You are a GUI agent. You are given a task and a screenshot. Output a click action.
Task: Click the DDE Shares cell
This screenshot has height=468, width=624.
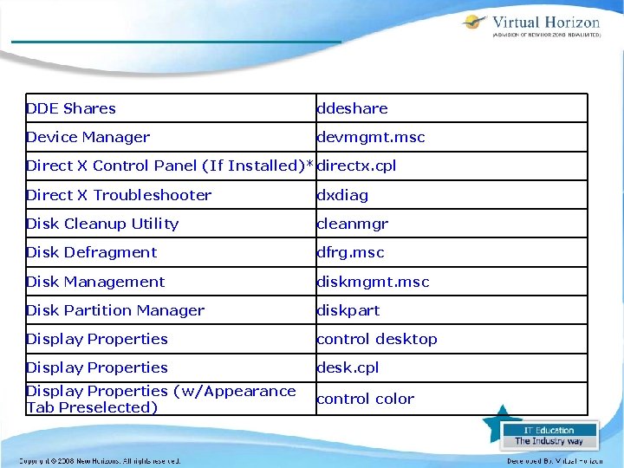point(71,108)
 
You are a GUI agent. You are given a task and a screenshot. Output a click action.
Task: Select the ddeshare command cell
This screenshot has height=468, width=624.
point(352,108)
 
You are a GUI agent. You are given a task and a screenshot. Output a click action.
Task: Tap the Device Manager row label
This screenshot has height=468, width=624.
point(88,137)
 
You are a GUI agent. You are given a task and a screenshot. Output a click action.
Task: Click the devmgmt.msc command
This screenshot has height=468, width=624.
point(370,137)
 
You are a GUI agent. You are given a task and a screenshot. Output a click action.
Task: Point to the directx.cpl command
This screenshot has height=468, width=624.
point(356,166)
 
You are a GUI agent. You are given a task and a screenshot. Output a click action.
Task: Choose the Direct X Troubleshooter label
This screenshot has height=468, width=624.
point(119,195)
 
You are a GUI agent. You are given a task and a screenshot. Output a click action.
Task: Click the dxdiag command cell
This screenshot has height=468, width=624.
point(342,195)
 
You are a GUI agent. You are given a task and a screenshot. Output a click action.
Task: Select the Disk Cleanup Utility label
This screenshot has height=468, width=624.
point(102,224)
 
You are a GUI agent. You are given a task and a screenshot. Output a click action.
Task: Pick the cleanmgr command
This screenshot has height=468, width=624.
point(352,224)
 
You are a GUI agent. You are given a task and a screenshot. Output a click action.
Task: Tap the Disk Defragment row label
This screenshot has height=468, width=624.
point(91,252)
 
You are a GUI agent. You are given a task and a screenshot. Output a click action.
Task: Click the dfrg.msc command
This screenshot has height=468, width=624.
point(350,252)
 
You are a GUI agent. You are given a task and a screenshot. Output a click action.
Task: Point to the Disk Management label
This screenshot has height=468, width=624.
point(95,282)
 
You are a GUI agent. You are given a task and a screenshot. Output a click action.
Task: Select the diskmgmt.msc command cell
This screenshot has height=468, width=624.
point(373,282)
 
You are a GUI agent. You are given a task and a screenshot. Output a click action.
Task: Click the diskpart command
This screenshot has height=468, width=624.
point(348,310)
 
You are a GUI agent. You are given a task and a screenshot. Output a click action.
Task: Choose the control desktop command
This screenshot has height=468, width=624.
point(377,339)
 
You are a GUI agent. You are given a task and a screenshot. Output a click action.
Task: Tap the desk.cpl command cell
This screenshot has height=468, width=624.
point(348,367)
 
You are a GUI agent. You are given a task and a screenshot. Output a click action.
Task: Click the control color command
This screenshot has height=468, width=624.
point(365,399)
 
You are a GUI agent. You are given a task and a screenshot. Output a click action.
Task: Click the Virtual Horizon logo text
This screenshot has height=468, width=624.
point(545,23)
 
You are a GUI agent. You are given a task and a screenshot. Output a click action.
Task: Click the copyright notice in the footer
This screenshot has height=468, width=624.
point(101,461)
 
